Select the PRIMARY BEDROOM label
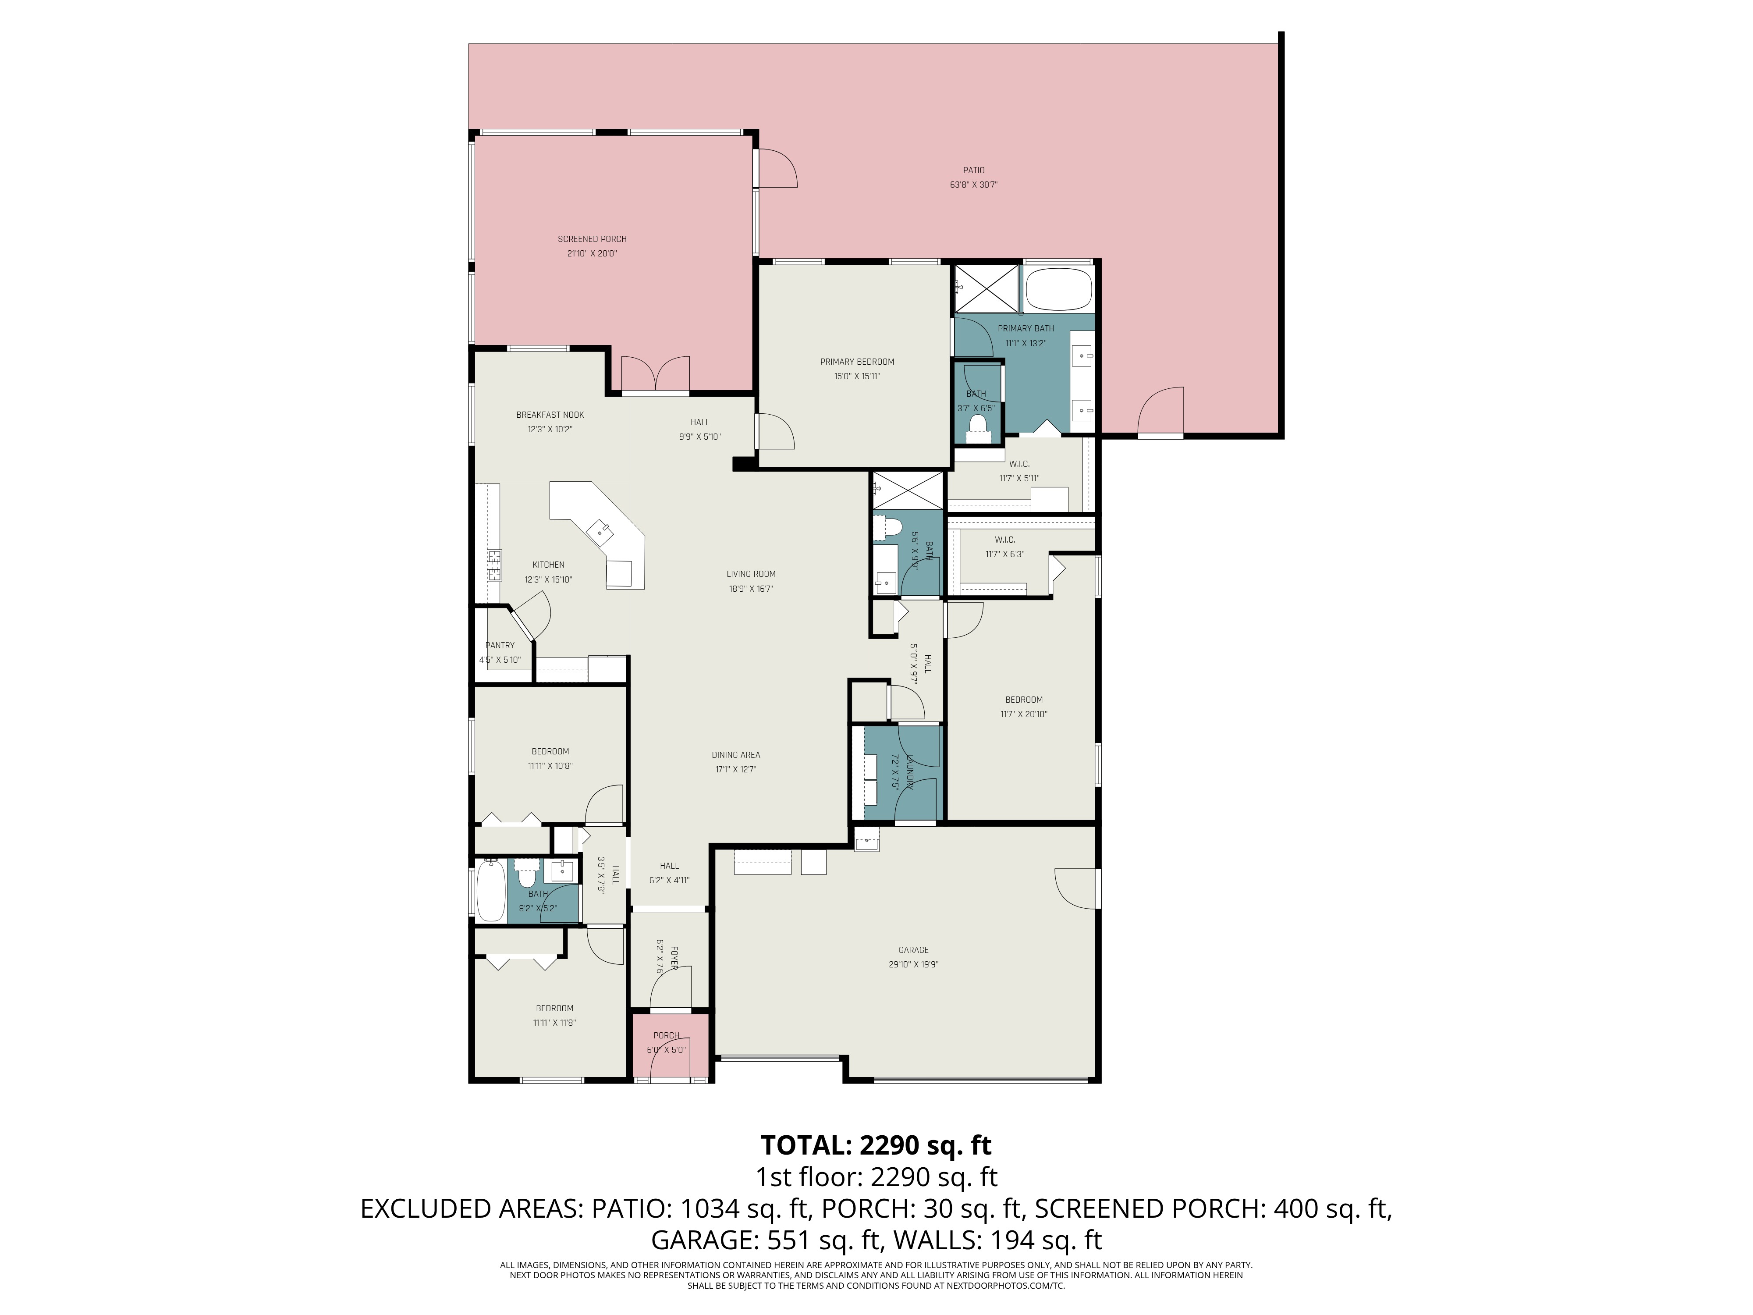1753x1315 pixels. point(857,362)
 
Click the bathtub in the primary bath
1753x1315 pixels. point(1059,290)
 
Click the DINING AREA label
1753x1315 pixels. point(735,755)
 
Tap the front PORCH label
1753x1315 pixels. point(666,1036)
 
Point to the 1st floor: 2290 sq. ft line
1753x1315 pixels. point(876,1177)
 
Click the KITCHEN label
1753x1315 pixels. point(548,565)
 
